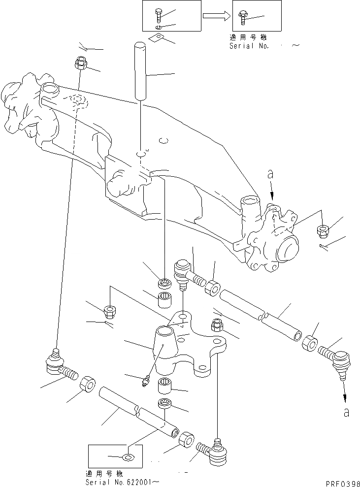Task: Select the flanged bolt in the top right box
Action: click(243, 17)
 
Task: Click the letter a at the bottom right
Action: click(346, 413)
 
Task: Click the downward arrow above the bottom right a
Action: click(344, 394)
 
